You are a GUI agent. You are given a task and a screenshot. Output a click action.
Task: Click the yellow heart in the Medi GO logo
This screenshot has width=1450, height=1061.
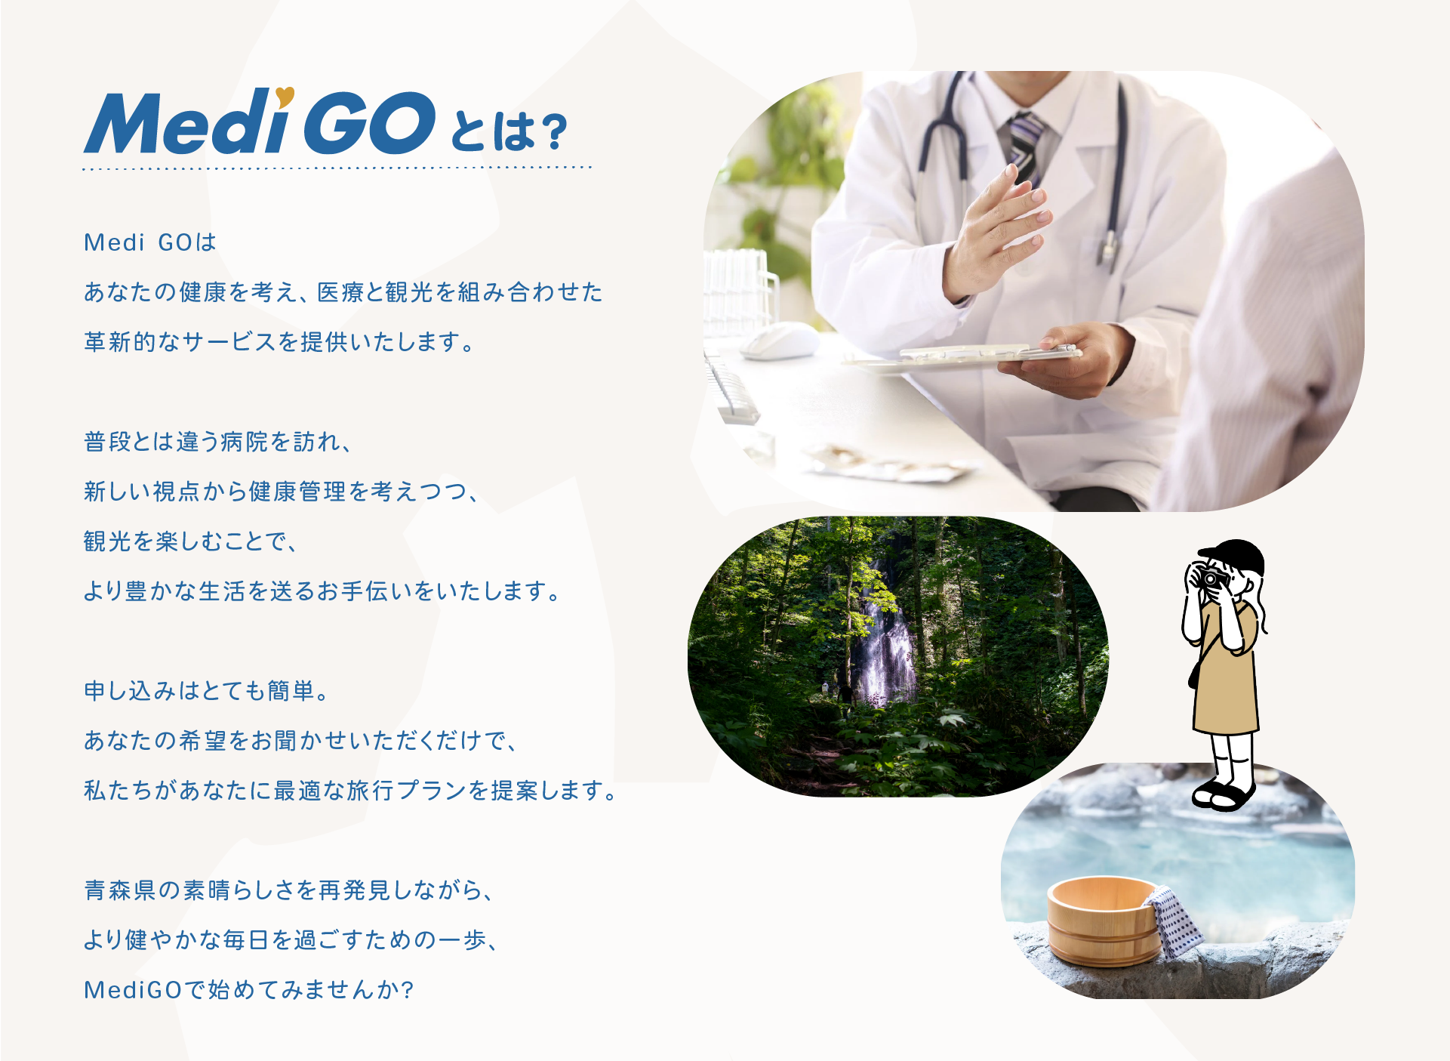(285, 95)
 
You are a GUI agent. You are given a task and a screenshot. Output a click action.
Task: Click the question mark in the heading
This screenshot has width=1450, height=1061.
(554, 132)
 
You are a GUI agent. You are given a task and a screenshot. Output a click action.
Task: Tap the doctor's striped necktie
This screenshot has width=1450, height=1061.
(1024, 147)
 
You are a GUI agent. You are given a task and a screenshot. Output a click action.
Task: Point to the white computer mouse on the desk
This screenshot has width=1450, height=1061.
(780, 341)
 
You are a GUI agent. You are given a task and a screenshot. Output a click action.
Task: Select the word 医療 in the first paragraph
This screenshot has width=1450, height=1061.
(340, 291)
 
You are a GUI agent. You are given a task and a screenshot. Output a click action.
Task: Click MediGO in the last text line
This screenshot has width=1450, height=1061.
(133, 989)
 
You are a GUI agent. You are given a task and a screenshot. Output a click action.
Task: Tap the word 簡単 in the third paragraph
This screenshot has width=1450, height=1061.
(291, 690)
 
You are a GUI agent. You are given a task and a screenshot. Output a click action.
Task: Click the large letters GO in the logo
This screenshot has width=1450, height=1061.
(370, 122)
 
